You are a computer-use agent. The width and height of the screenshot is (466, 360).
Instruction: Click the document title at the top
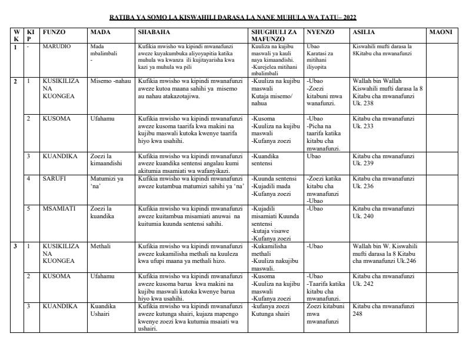pos(233,17)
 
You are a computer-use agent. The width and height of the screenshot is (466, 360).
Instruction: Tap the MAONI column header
pos(441,32)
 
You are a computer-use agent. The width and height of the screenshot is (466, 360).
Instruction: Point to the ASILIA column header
pos(364,32)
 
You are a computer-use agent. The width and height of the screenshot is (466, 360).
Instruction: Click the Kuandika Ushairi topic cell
pos(103,309)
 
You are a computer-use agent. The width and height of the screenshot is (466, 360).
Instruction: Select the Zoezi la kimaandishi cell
pos(106,159)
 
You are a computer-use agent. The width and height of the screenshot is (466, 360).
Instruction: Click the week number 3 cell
pos(16,246)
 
